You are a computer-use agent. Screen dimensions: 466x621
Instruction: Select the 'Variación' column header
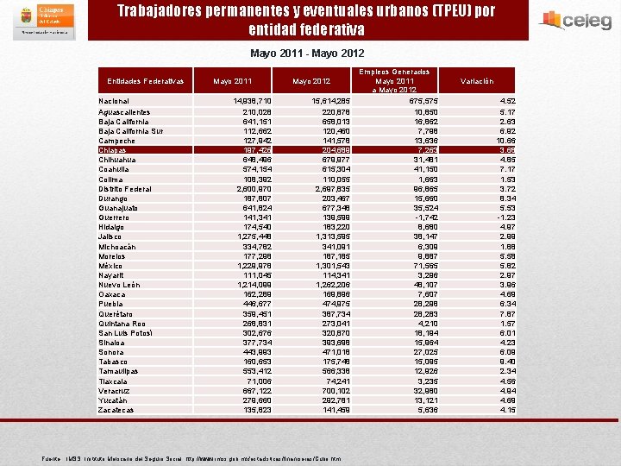477,81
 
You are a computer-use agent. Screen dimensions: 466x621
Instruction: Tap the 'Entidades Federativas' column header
146,81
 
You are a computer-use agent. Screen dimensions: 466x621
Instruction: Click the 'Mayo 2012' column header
311,81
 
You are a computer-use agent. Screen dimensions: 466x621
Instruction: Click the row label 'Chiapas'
113,150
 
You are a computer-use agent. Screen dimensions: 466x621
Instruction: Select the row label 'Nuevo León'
119,285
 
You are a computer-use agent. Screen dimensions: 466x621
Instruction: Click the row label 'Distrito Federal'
125,189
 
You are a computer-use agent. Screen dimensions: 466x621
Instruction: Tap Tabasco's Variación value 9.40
507,362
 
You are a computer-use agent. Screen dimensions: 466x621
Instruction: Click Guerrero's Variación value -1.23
506,217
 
